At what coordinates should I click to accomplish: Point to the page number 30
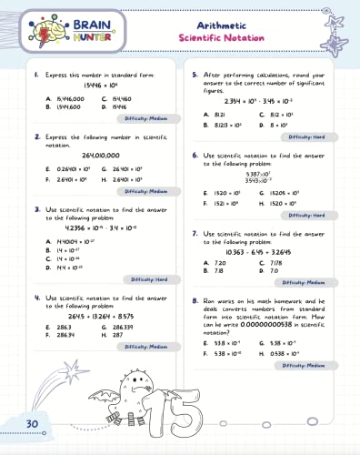tap(31, 424)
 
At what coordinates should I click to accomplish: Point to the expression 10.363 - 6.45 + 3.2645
tap(258, 251)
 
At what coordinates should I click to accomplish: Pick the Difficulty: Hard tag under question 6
tap(308, 214)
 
